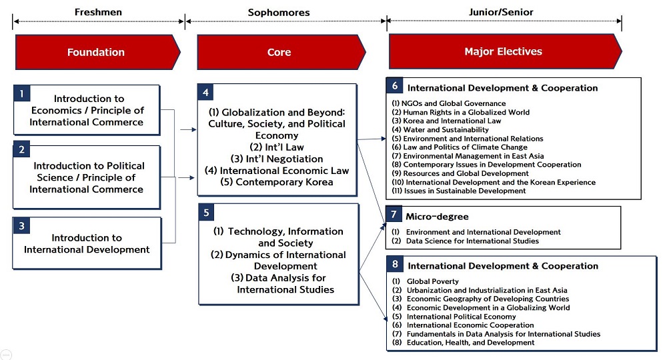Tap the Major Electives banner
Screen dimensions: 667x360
[505, 51]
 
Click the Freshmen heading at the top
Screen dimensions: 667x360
[98, 12]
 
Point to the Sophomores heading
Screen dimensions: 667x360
[279, 12]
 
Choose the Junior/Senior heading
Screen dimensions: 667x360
[501, 12]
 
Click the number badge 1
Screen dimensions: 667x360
[22, 93]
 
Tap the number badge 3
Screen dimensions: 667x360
[22, 226]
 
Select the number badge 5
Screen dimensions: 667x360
[206, 213]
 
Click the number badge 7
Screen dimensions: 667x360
[394, 214]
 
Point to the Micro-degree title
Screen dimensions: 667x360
[437, 217]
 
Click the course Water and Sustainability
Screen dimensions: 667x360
[440, 129]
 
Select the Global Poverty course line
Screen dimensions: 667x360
[426, 281]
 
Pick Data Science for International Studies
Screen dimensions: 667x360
[466, 241]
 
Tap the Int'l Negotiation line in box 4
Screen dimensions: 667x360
[277, 159]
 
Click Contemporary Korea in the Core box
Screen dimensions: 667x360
[277, 182]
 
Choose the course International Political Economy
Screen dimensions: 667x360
[454, 317]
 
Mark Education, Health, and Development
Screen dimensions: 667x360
[464, 343]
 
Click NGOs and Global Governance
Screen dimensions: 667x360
[449, 103]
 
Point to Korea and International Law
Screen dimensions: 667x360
[446, 121]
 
